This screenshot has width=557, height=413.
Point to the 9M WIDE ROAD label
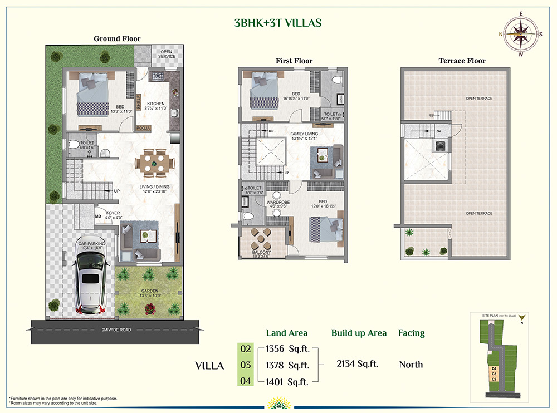116,330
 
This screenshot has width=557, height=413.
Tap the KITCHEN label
156,104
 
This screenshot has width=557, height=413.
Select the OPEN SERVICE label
167,54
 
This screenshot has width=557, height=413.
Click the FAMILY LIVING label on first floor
304,134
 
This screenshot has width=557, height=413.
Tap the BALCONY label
261,252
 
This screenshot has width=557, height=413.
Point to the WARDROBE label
276,202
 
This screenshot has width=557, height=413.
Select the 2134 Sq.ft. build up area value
357,364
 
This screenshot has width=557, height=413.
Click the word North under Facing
411,365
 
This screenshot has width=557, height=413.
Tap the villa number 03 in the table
246,365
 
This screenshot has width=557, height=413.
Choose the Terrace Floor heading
462,61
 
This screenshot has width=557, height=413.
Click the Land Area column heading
287,333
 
